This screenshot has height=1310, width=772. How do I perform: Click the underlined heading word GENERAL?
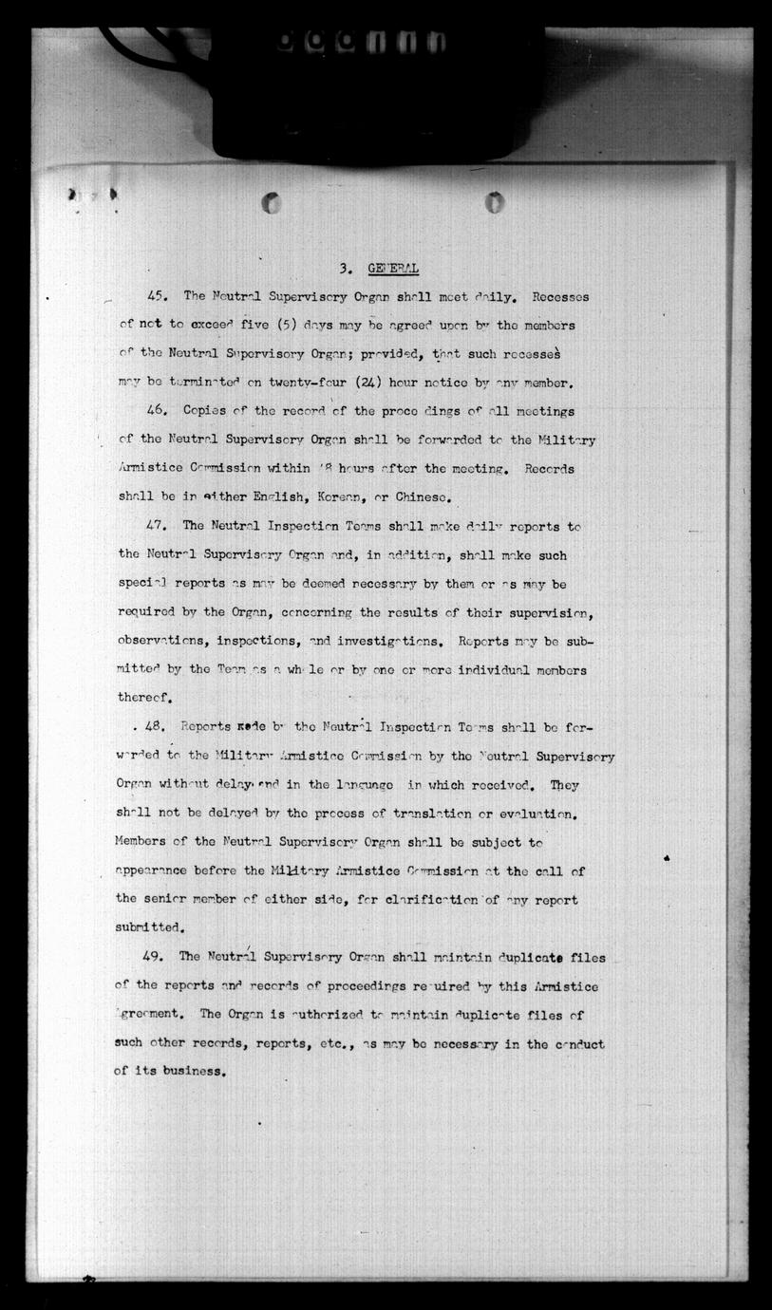point(392,268)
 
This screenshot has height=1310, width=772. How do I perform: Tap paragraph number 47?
point(157,525)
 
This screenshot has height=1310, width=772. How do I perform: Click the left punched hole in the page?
point(272,202)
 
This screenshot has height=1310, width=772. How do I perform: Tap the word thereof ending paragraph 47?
point(144,698)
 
